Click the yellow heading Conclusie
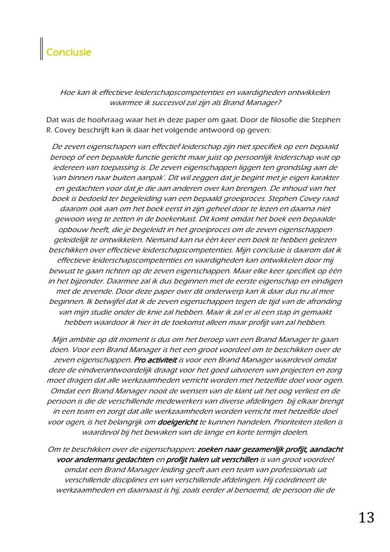tap(69, 53)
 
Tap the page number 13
tap(367, 518)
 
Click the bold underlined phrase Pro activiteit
tap(155, 360)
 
